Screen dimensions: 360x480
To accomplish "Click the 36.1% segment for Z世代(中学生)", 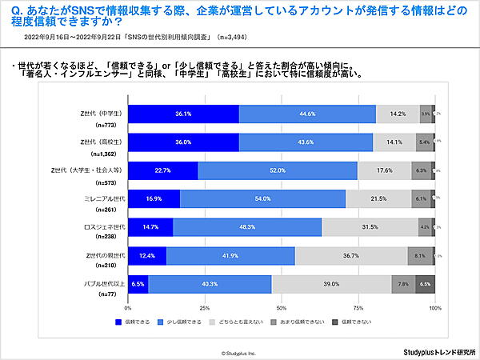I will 183,114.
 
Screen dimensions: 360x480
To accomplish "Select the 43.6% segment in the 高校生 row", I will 306,142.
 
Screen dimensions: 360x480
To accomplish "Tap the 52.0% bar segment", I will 277,170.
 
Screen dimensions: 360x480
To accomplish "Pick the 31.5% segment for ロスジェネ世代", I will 370,227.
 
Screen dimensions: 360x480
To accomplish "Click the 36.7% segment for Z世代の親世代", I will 350,255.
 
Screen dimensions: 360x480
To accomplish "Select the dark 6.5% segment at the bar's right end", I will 425,283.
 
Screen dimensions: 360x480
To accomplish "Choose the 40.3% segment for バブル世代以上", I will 210,283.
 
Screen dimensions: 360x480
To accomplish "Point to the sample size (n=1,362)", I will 105,152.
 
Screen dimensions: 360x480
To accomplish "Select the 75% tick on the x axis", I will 358,307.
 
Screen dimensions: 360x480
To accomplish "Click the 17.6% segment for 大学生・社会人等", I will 384,170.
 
